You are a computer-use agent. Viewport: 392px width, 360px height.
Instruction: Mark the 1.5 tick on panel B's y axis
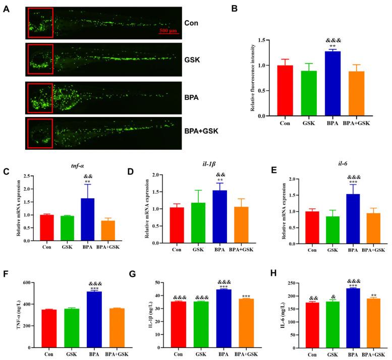(260, 40)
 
